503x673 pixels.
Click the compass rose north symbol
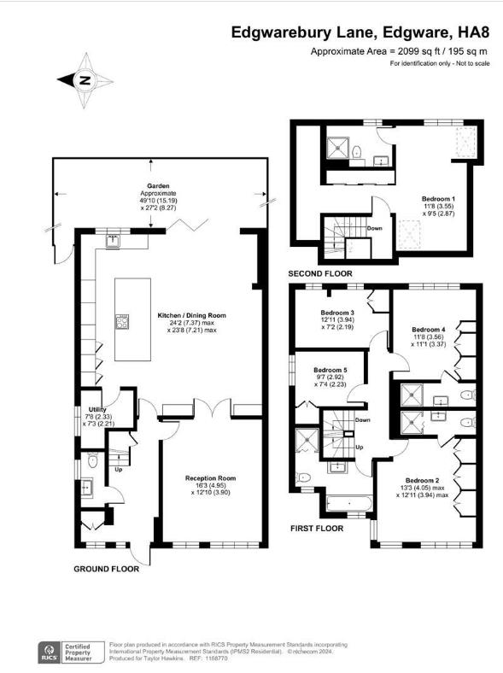point(85,80)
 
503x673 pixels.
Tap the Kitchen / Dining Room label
point(192,315)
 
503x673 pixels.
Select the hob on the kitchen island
point(122,322)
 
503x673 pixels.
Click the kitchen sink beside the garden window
point(114,241)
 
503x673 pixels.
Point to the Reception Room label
point(211,478)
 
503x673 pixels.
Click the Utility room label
point(97,409)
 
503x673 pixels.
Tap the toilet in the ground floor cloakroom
point(92,461)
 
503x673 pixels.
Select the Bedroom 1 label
point(438,199)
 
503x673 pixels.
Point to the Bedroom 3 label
point(337,313)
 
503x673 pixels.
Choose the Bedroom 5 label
point(330,370)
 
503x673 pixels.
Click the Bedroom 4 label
point(429,330)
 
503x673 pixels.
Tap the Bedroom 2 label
point(423,480)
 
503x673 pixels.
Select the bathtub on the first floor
point(349,503)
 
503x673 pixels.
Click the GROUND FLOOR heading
point(107,569)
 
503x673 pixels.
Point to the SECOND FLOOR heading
point(320,274)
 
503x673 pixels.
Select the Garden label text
point(158,186)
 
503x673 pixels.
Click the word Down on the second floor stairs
point(375,228)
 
